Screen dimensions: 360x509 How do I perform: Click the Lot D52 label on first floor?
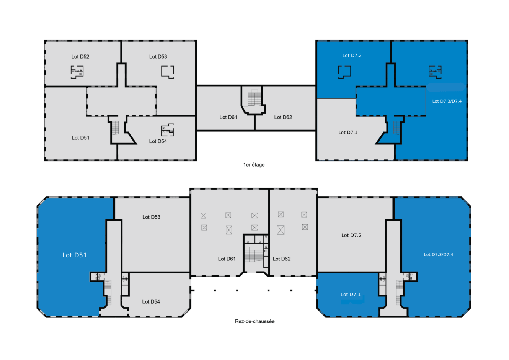pos(80,57)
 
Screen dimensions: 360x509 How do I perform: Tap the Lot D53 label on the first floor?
pos(158,57)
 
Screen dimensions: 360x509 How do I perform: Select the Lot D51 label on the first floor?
pos(80,138)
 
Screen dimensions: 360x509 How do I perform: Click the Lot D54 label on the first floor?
pos(158,141)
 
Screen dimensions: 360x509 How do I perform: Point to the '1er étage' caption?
pos(254,165)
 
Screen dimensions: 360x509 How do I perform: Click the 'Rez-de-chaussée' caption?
pos(254,321)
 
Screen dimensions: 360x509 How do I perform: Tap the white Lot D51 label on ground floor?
pos(75,255)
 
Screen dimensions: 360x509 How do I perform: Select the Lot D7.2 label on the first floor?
pos(352,56)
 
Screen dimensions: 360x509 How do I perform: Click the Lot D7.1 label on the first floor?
pos(348,133)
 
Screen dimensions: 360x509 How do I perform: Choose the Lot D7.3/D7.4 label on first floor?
pos(447,101)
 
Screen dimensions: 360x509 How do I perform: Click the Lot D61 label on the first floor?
pos(228,118)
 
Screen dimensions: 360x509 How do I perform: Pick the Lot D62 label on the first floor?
pos(283,118)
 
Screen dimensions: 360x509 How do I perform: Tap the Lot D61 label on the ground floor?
pos(227,259)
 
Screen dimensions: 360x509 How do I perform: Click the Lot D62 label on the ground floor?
pos(281,259)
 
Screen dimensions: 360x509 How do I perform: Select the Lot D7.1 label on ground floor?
pos(351,295)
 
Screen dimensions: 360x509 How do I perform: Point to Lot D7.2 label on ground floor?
pos(351,236)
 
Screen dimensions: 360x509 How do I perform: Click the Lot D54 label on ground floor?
pos(151,302)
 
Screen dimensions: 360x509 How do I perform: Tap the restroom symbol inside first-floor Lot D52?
pos(77,71)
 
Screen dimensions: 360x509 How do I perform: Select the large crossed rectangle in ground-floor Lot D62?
pos(281,229)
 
